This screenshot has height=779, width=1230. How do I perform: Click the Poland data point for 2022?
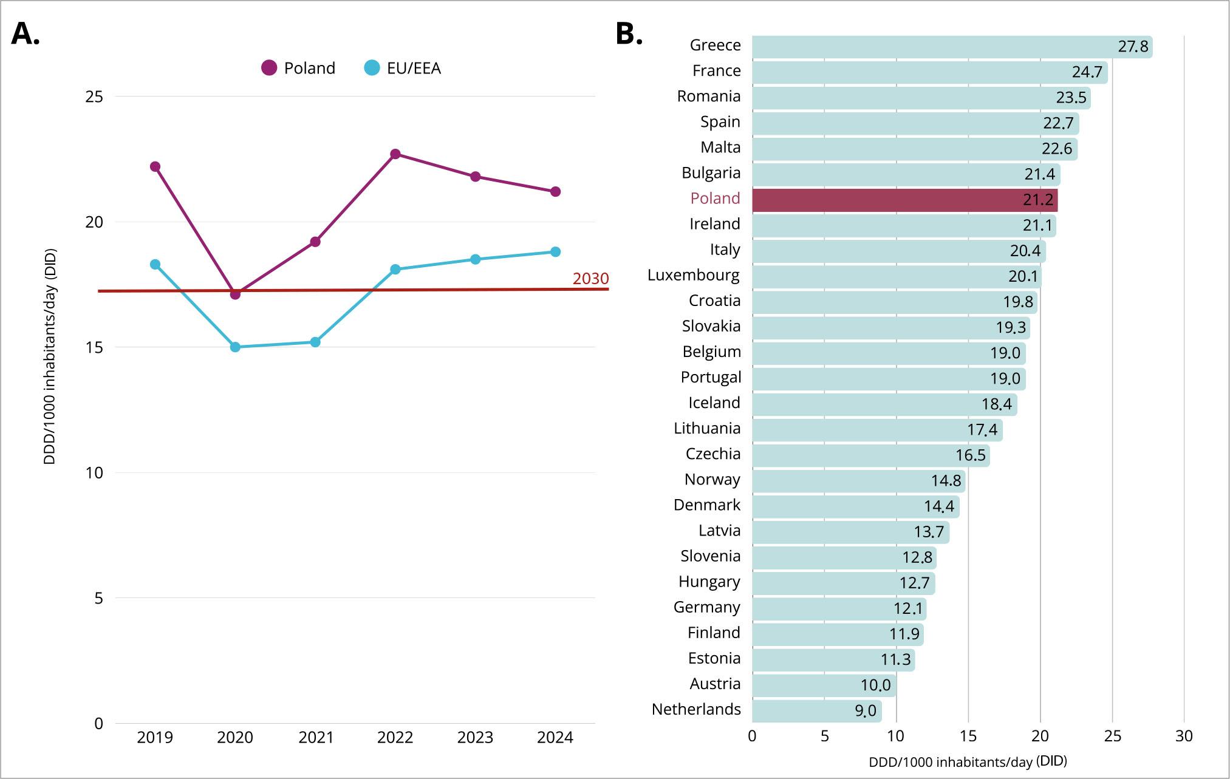[x=395, y=154]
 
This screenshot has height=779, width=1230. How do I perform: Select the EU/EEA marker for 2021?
[x=315, y=342]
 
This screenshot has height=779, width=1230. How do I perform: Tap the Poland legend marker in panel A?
[x=269, y=68]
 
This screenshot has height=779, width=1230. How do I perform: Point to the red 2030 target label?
[x=590, y=279]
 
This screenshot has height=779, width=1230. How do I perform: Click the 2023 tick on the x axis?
[x=475, y=737]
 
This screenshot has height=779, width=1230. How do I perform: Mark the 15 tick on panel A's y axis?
[x=94, y=347]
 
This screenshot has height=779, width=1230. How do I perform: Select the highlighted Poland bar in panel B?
[x=904, y=200]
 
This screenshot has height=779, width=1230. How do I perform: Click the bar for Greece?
[x=952, y=47]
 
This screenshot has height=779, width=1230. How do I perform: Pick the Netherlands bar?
[x=816, y=711]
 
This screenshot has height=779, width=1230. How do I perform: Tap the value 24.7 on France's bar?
[x=1087, y=72]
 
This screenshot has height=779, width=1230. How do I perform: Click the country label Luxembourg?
[x=694, y=275]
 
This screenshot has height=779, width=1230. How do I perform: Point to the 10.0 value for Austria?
[x=875, y=685]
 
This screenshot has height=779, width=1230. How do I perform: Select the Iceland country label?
[x=714, y=403]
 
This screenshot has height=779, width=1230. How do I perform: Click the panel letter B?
[x=629, y=34]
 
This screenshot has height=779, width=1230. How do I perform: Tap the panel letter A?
[x=26, y=34]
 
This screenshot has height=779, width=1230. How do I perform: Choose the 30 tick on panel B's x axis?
[x=1184, y=736]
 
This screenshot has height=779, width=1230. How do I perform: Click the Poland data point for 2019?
[x=155, y=166]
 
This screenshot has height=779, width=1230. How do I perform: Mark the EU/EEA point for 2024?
[x=555, y=251]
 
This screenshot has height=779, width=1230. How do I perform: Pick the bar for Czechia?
[x=870, y=455]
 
